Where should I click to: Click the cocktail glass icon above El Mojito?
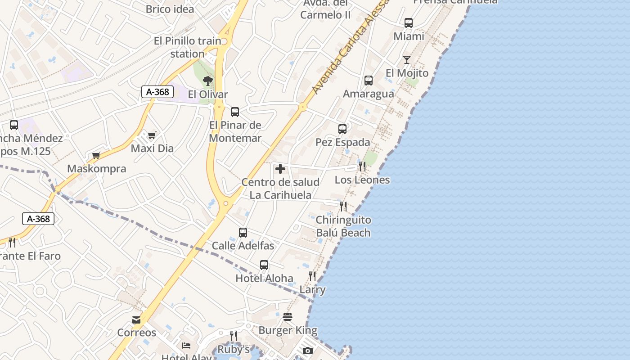pos(407,59)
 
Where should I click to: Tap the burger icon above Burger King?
pos(288,317)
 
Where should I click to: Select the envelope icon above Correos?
pos(136,319)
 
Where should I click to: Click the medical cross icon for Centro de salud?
pos(280,169)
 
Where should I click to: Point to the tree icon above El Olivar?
pos(207,81)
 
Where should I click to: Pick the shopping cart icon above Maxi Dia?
pos(152,135)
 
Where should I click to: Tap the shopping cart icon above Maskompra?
pos(96,156)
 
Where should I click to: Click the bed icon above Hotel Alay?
pos(186,346)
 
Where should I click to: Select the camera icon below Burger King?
pos(308,351)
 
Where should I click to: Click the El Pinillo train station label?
pos(188,47)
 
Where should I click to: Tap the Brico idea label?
pos(170,9)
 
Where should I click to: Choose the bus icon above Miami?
pos(409,23)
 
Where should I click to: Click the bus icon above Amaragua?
pos(369,81)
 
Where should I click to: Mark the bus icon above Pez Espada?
pos(342,129)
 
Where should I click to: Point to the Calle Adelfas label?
pos(243,246)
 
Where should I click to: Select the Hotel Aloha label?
pos(264,278)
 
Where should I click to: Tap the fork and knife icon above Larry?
pos(312,276)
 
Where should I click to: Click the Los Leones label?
pos(362,180)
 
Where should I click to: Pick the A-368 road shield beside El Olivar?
pos(157,92)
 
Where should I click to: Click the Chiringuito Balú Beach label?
pos(343,226)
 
